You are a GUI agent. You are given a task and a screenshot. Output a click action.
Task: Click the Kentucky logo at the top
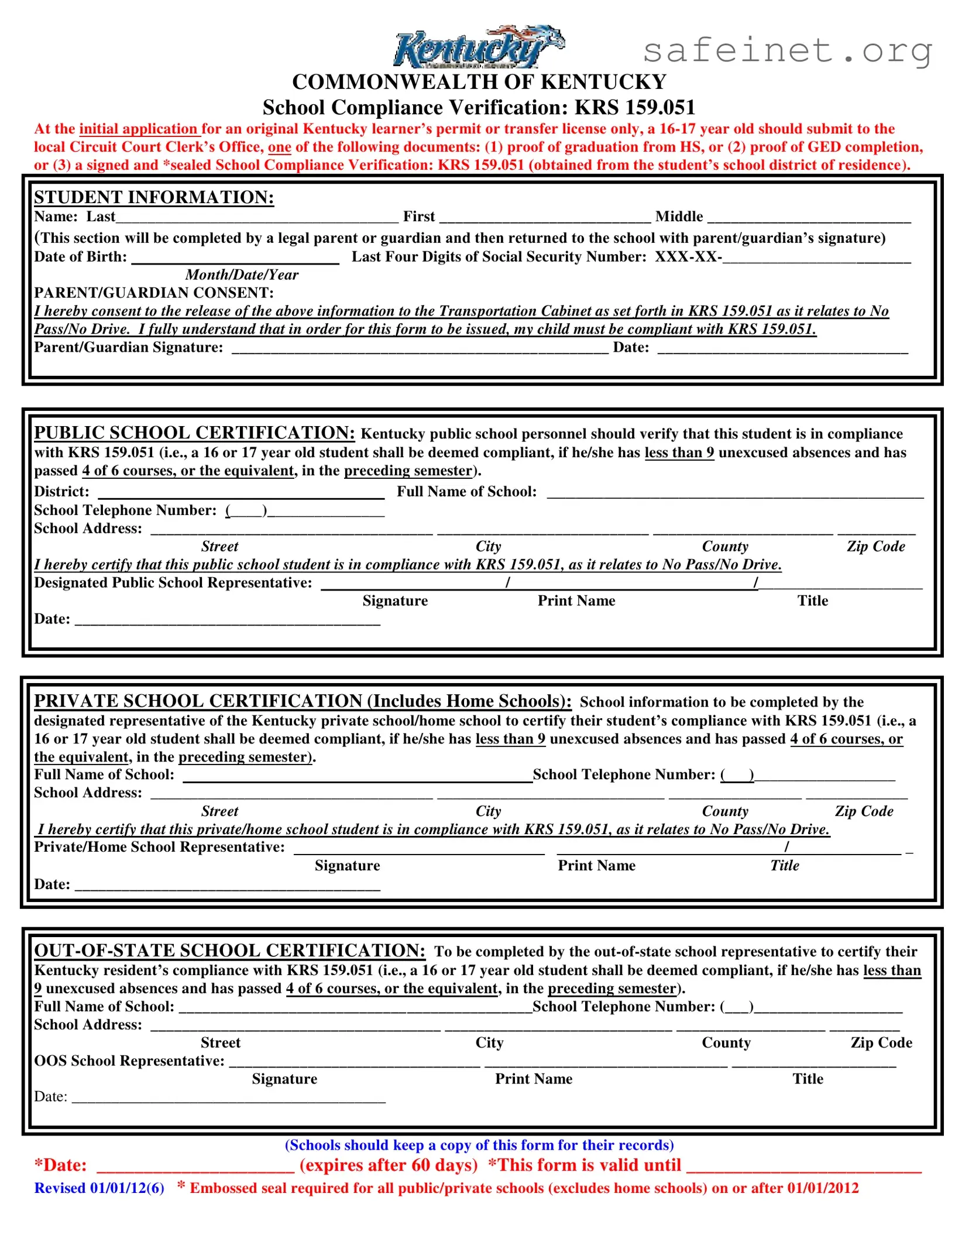point(479,47)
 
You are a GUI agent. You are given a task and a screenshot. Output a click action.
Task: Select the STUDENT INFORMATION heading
point(154,197)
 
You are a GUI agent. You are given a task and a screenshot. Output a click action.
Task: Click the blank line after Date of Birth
point(235,259)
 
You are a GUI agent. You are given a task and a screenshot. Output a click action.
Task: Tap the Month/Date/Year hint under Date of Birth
point(242,275)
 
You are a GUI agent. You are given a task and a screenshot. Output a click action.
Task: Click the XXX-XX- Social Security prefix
point(688,257)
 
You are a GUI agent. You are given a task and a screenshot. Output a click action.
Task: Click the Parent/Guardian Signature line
point(420,349)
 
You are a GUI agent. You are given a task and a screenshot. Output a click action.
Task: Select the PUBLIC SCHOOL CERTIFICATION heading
point(194,433)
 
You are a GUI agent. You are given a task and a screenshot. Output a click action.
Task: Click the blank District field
point(240,493)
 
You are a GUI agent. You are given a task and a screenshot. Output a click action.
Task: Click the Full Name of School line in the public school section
point(734,493)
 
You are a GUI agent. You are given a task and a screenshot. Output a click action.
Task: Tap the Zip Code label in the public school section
point(875,546)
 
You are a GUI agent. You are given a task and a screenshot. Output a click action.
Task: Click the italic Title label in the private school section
point(784,865)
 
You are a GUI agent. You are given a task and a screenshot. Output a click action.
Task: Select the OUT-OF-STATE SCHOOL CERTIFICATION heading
point(229,950)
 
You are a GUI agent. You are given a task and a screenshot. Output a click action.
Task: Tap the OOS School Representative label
point(129,1061)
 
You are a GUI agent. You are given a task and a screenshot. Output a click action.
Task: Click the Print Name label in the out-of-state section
point(533,1079)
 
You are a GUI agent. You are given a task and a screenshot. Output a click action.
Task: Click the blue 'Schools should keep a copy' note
point(479,1145)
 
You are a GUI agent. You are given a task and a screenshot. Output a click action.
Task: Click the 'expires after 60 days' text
point(389,1165)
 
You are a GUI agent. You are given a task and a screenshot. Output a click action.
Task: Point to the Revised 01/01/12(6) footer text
point(99,1188)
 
